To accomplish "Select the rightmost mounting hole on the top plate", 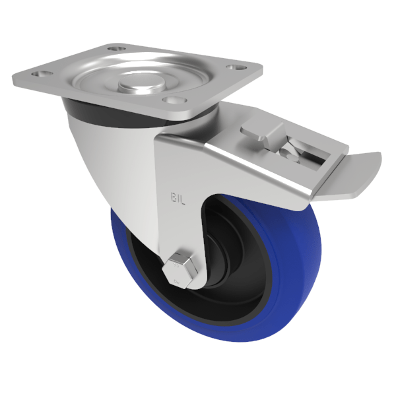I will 234,66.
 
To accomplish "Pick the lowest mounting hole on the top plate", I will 173,100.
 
